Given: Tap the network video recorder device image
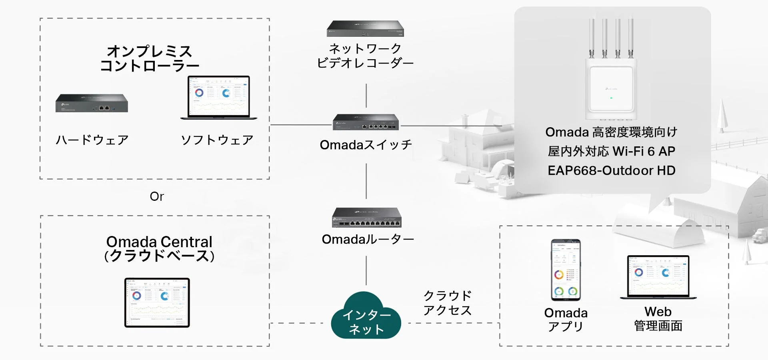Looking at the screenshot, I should (365, 29).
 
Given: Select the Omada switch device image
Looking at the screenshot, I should (366, 122).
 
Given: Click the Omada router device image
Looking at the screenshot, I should (366, 218).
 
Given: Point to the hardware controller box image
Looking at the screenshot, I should (92, 103).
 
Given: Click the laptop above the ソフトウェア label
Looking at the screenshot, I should (219, 97).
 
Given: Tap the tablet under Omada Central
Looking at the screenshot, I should (157, 302).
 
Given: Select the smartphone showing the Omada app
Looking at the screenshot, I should (566, 270).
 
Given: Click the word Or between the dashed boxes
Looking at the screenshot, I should (157, 196).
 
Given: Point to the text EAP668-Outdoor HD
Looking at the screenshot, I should (611, 171).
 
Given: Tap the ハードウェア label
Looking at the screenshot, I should (92, 140).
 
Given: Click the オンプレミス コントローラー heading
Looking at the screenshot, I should (149, 58).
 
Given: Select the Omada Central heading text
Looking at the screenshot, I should (159, 242).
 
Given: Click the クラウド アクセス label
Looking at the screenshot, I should (447, 303).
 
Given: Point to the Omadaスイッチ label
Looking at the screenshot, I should (366, 145).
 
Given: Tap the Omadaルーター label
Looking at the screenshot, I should (368, 239).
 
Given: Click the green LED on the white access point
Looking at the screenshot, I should (611, 98).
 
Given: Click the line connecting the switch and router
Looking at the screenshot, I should (366, 181).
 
